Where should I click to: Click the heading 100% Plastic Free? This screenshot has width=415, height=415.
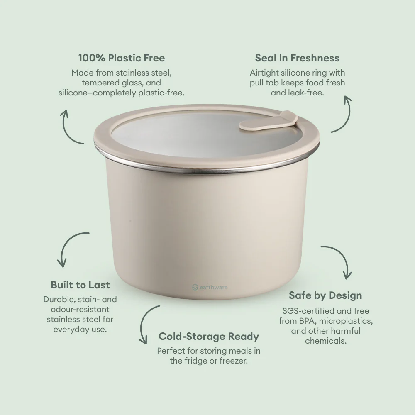click(x=121, y=58)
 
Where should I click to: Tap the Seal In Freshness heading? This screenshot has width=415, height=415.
click(x=297, y=58)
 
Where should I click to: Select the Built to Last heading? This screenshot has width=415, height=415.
click(x=80, y=285)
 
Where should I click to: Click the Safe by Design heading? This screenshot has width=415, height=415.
click(x=325, y=295)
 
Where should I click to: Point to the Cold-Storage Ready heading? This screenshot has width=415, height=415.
click(x=208, y=336)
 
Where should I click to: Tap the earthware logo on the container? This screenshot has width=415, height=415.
click(x=210, y=287)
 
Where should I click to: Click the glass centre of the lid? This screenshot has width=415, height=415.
click(x=187, y=139)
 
